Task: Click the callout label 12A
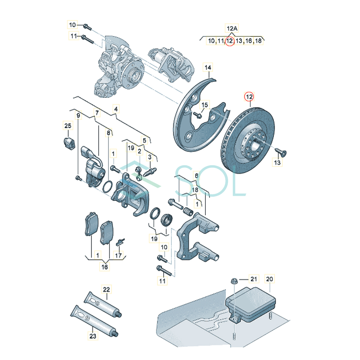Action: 231,28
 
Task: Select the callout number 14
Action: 208,67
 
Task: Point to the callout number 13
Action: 277,162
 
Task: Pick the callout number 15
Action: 205,105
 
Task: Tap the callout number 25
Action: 68,125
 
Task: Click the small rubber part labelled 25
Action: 69,143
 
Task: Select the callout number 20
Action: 269,279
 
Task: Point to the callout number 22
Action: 106,289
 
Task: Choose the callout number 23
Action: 93,336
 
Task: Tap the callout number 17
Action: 119,255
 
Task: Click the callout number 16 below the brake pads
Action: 105,267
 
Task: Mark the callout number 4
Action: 116,109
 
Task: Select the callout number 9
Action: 78,115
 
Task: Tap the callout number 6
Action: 196,175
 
